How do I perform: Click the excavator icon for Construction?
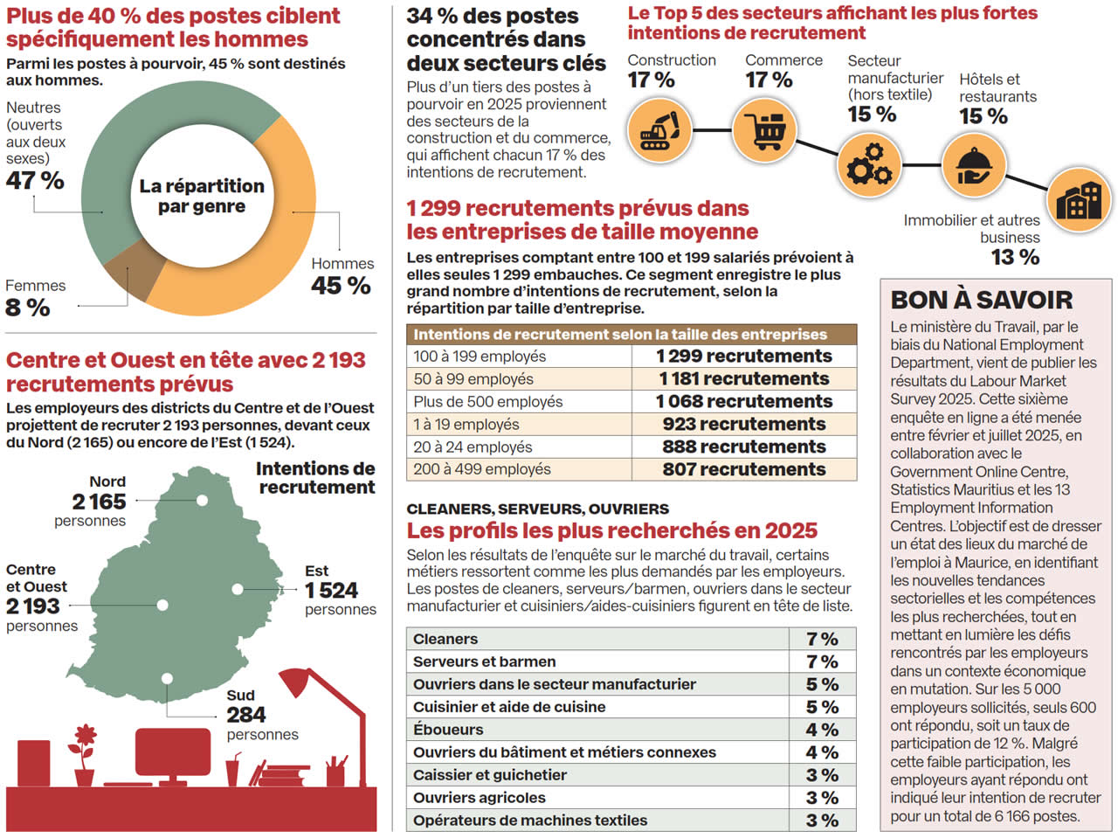[659, 131]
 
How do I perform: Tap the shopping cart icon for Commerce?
[764, 131]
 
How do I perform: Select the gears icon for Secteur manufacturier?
[869, 165]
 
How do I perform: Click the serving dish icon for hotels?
[972, 165]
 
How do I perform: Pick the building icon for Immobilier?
[1079, 200]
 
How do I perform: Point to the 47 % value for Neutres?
[35, 181]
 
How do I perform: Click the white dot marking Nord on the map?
[202, 501]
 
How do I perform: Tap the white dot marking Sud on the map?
[167, 678]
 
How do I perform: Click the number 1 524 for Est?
[331, 591]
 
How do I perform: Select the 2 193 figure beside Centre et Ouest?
[33, 606]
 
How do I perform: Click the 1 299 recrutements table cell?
[744, 357]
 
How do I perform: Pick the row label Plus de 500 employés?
[488, 402]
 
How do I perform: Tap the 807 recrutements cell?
[744, 470]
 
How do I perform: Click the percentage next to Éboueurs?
[822, 730]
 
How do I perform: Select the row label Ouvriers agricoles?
[480, 798]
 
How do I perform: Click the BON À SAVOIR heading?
[982, 300]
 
